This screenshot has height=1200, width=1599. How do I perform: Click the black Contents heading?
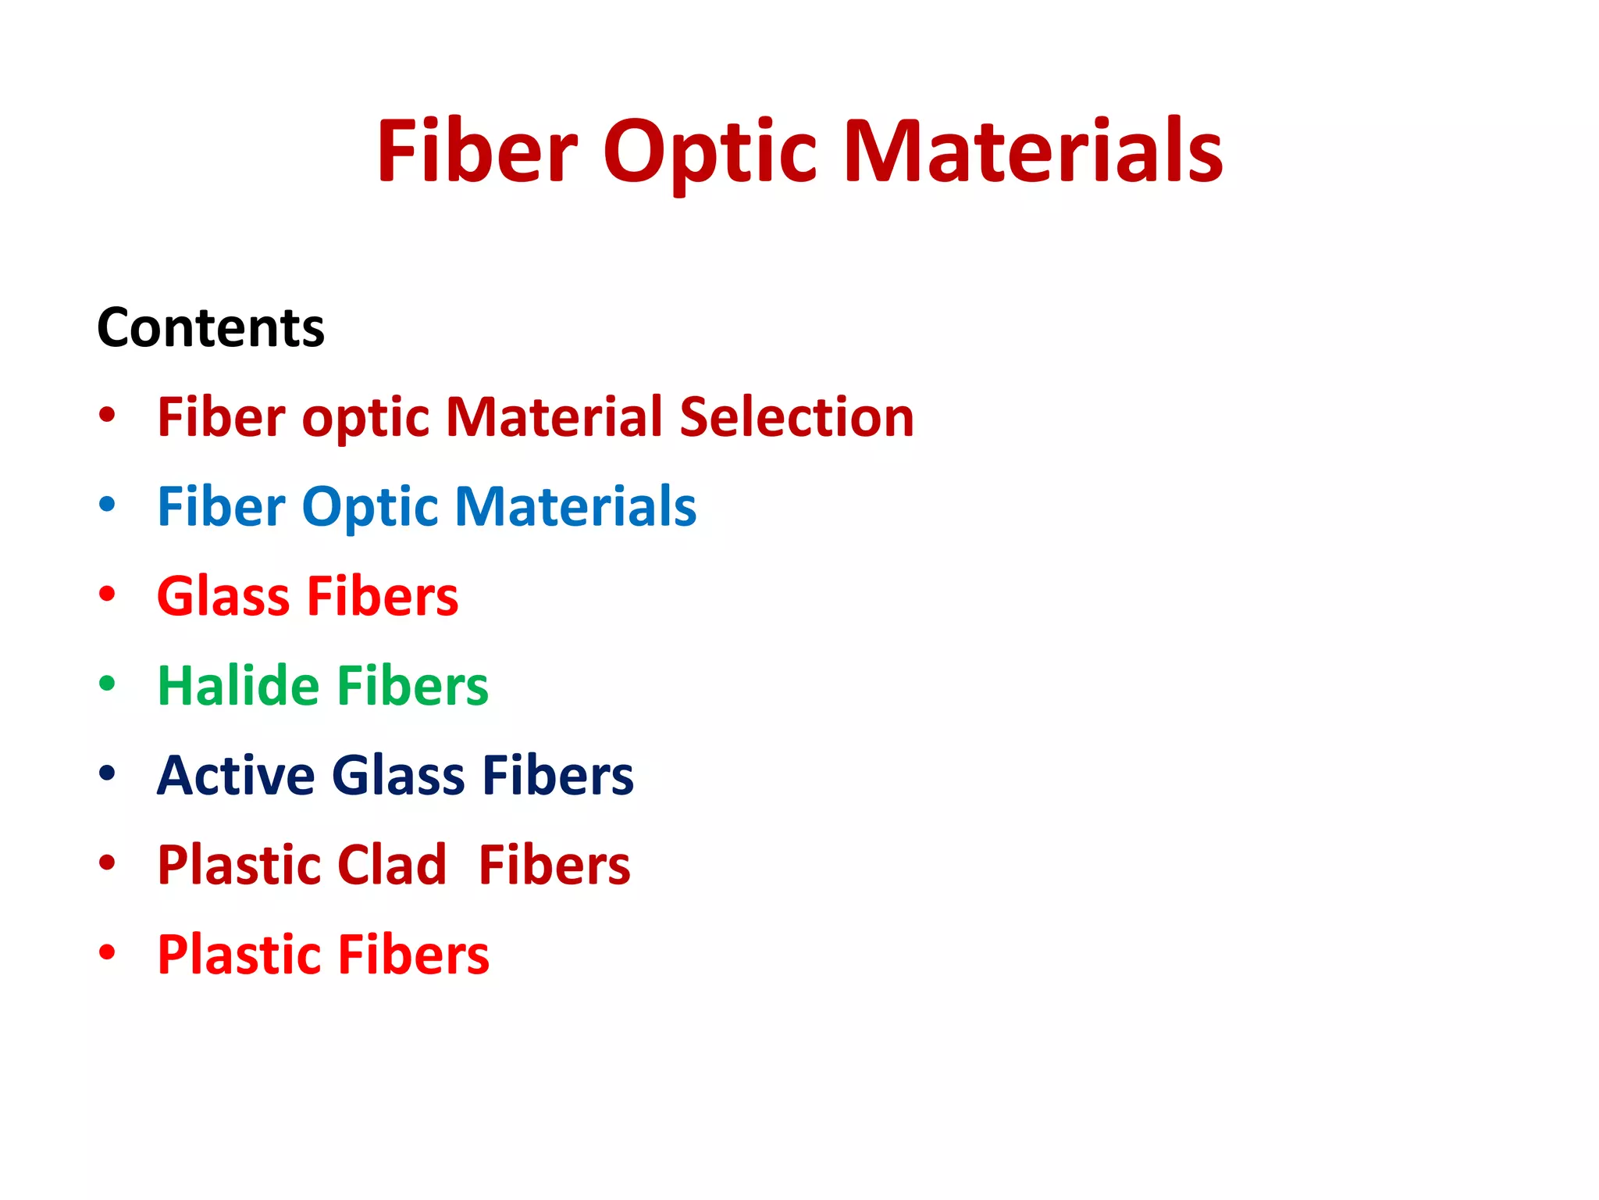tap(211, 327)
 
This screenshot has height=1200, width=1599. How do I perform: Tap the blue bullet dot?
tap(107, 505)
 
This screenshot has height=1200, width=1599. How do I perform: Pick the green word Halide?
tap(238, 686)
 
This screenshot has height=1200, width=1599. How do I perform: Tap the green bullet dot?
tap(107, 684)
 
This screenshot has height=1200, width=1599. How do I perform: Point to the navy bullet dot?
tap(107, 773)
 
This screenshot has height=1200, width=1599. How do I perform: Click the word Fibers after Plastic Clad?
tap(554, 865)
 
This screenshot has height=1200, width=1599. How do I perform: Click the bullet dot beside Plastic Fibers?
tap(107, 952)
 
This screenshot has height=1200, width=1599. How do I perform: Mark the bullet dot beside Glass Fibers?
tap(107, 594)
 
